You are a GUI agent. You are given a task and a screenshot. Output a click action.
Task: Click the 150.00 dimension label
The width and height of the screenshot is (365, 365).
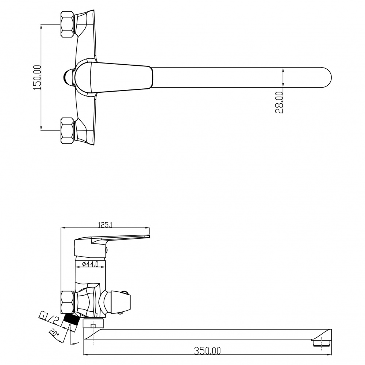(37, 77)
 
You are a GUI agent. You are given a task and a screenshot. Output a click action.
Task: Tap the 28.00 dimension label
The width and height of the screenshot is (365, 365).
(279, 102)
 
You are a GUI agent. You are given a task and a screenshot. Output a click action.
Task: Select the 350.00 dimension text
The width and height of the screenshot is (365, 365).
(207, 350)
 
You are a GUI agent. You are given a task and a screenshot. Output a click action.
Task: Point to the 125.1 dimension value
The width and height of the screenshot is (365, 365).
(105, 225)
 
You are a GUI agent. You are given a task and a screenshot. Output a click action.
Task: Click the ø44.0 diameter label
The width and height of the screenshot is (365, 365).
(91, 264)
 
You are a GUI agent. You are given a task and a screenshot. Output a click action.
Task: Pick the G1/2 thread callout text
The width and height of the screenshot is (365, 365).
(49, 319)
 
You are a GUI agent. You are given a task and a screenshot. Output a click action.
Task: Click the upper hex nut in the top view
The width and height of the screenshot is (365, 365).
(67, 24)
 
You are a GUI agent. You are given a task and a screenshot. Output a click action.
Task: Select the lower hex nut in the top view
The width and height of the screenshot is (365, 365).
(67, 131)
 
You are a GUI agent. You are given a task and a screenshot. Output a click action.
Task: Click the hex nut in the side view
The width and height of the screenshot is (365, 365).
(67, 302)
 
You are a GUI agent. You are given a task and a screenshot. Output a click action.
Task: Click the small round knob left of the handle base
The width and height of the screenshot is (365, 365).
(69, 77)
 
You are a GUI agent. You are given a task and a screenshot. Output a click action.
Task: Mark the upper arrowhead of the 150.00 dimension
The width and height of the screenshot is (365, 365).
(41, 26)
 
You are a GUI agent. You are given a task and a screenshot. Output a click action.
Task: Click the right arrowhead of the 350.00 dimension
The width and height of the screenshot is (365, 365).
(329, 355)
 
